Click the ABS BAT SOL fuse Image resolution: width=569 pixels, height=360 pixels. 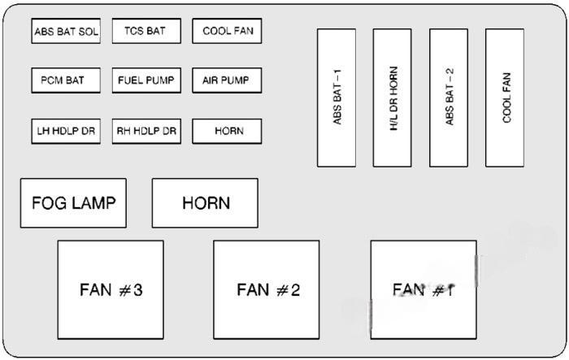point(66,32)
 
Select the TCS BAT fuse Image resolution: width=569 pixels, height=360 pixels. point(146,32)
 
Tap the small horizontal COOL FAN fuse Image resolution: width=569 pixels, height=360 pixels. point(227,32)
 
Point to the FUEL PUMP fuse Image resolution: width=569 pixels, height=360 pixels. point(146,81)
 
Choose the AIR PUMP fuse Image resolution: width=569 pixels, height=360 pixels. point(227,81)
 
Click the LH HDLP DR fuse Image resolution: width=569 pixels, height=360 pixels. point(66,131)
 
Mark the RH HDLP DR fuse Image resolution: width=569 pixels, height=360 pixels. point(146,131)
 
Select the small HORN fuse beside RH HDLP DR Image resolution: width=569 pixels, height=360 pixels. point(228,131)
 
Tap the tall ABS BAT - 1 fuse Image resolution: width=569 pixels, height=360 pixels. point(337,98)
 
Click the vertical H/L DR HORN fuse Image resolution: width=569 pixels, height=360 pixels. point(393,98)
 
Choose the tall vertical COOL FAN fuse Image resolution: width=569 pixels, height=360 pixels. point(505,98)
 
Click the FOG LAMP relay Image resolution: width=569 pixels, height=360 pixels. point(73,203)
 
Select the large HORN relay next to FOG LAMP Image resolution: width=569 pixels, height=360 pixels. point(205,203)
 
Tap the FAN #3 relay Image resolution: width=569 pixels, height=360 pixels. point(111,289)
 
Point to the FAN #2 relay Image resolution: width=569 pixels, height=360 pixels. point(267,289)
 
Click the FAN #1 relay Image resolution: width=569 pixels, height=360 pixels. point(423,289)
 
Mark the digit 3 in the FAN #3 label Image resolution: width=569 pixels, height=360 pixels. point(138,289)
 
